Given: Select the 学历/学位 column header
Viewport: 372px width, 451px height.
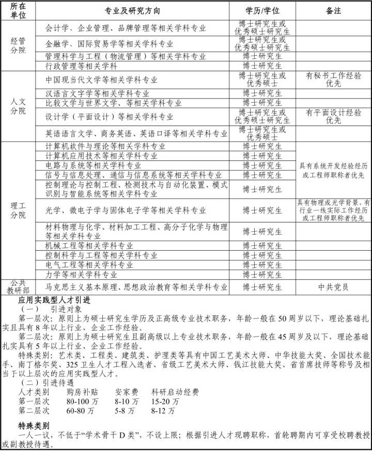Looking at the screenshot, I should (x=262, y=10).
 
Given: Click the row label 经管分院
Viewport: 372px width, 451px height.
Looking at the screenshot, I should (x=18, y=46).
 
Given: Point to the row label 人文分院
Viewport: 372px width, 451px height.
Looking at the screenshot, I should (x=18, y=106).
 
